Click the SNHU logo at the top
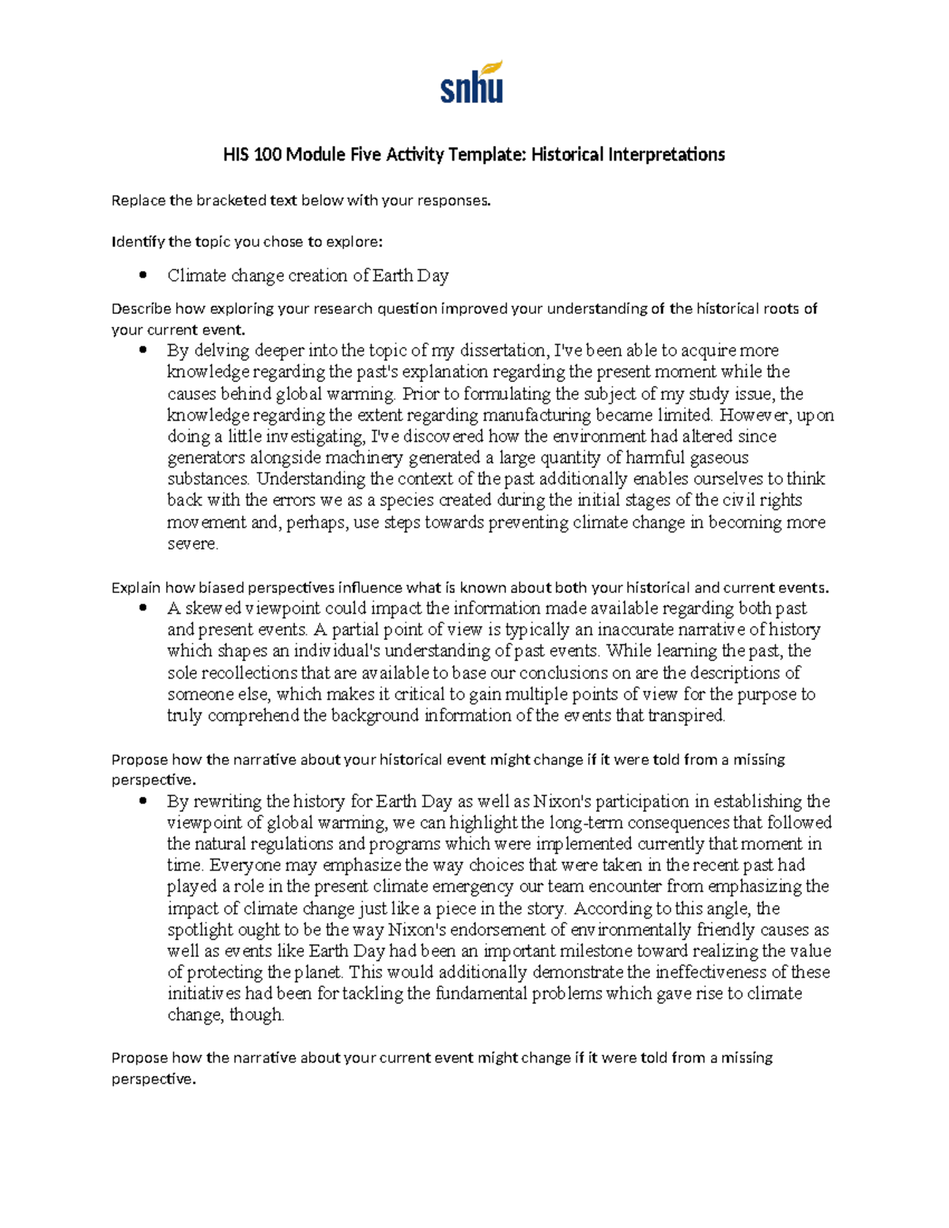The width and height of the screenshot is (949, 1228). coord(472,83)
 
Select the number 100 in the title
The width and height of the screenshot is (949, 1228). coord(268,154)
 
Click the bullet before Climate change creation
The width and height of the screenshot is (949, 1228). coord(143,276)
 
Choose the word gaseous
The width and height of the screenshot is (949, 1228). coord(719,458)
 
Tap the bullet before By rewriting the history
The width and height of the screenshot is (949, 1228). coord(143,802)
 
